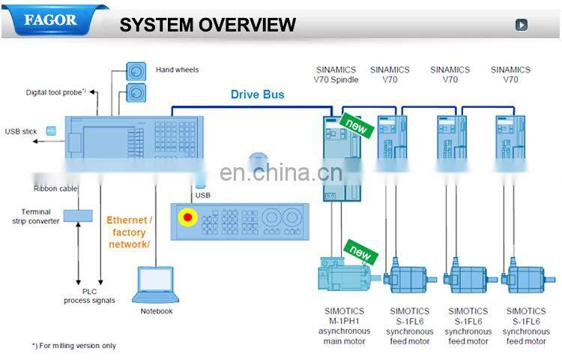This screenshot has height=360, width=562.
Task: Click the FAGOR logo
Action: (x=51, y=20)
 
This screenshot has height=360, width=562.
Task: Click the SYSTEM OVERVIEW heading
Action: (x=208, y=25)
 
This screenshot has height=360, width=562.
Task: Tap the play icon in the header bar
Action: (x=522, y=25)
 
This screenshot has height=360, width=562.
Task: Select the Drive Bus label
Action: (x=257, y=94)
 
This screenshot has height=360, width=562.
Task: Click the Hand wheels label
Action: (x=178, y=70)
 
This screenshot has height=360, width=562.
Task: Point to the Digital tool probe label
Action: (x=56, y=92)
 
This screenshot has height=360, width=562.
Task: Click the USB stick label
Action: (x=21, y=131)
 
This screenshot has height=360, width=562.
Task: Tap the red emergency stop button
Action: (x=187, y=218)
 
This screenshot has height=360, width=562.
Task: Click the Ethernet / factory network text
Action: (x=129, y=232)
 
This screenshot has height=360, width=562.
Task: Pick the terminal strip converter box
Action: (x=77, y=215)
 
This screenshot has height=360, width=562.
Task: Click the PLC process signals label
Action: (x=89, y=295)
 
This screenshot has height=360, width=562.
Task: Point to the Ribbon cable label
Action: (x=55, y=189)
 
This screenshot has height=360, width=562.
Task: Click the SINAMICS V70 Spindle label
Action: (x=336, y=74)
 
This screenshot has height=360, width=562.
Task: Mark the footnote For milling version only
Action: (x=74, y=346)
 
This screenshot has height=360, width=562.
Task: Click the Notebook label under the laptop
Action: (x=157, y=311)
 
